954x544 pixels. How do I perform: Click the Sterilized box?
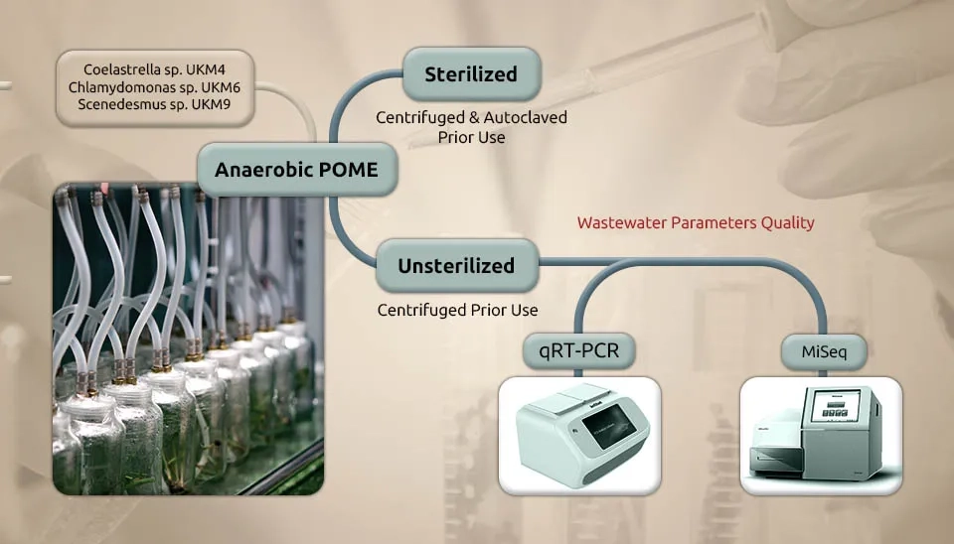[471, 74]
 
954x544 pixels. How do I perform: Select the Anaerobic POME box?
[297, 170]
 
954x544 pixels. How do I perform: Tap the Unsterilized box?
[456, 266]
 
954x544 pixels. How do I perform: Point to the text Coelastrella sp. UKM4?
[155, 70]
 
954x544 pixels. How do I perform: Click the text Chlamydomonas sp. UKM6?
[155, 87]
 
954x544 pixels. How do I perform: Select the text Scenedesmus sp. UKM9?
[155, 104]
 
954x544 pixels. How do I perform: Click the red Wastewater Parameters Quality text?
[696, 222]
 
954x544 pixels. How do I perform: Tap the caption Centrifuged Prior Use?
[457, 310]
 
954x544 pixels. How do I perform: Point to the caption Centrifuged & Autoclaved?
[471, 117]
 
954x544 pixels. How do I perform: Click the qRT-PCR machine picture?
[579, 435]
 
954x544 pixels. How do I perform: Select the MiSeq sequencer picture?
[821, 435]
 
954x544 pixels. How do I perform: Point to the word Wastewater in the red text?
[622, 222]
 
